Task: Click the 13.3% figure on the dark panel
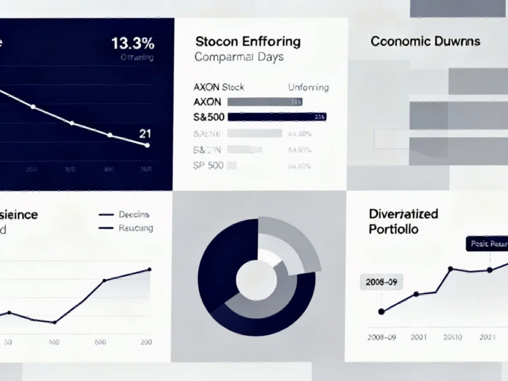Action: tap(132, 44)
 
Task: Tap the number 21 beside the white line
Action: tap(145, 133)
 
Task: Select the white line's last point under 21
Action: tap(147, 145)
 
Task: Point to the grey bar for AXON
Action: tap(264, 102)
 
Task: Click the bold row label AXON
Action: tap(207, 102)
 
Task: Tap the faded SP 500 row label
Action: tap(207, 165)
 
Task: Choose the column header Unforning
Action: tap(309, 87)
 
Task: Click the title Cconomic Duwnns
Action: tap(425, 42)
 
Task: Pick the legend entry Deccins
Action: tap(133, 215)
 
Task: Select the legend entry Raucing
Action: tap(135, 228)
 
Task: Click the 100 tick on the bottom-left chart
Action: tap(54, 342)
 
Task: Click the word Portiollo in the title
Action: tap(394, 229)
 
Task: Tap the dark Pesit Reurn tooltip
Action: tap(487, 244)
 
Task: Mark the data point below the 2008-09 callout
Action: tap(382, 312)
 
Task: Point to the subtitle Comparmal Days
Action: tap(239, 57)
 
